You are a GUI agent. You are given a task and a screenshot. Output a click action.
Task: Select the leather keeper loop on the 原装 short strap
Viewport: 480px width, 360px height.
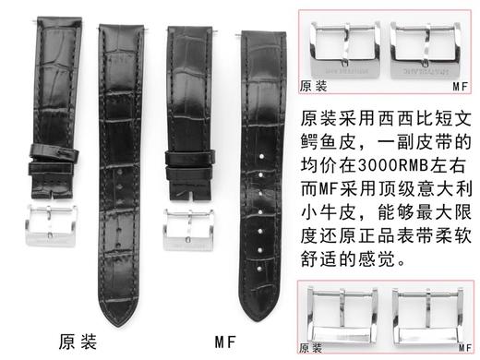47,146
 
